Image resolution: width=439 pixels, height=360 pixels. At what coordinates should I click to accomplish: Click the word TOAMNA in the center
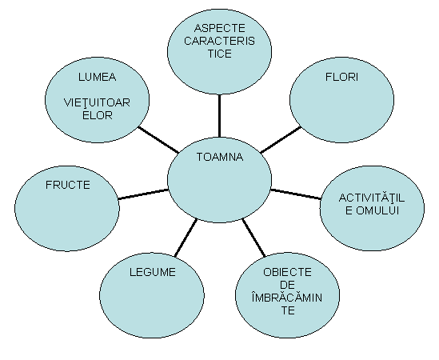[x=219, y=157]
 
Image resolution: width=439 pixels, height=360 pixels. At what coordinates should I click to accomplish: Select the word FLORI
[x=341, y=77]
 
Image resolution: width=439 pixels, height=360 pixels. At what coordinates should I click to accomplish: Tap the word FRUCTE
[x=68, y=185]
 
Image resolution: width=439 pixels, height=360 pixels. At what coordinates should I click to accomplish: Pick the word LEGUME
[x=153, y=272]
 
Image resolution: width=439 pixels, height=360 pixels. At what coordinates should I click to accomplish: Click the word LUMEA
[x=97, y=77]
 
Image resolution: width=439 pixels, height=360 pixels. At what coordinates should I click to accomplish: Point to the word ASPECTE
[x=219, y=28]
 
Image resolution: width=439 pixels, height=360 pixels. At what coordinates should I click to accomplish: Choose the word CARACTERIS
[x=219, y=41]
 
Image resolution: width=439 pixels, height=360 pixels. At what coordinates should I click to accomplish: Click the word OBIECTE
[x=287, y=272]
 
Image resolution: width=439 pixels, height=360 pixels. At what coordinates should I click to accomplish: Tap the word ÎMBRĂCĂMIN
[x=287, y=298]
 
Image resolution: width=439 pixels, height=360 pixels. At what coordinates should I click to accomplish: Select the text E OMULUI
[x=372, y=210]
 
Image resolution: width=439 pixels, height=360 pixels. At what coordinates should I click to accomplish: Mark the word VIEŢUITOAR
[x=97, y=103]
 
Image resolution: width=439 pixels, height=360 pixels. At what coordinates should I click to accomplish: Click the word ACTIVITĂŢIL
[x=372, y=198]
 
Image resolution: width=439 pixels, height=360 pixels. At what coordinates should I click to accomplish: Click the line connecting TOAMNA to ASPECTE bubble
[x=219, y=116]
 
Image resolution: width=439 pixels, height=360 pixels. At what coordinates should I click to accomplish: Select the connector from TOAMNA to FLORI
[x=281, y=140]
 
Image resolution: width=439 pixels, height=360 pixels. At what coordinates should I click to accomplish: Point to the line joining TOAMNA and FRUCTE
[x=143, y=194]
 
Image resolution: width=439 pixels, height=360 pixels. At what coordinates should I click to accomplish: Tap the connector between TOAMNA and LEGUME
[x=186, y=238]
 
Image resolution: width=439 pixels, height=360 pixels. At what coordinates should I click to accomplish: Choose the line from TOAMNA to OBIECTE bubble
[x=253, y=238]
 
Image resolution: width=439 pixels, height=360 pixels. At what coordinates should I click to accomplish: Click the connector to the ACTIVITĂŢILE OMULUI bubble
[x=296, y=194]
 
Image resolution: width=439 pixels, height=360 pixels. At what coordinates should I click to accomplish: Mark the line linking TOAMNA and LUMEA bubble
[x=158, y=140]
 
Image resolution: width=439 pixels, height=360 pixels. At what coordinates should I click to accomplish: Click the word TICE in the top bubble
[x=219, y=54]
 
